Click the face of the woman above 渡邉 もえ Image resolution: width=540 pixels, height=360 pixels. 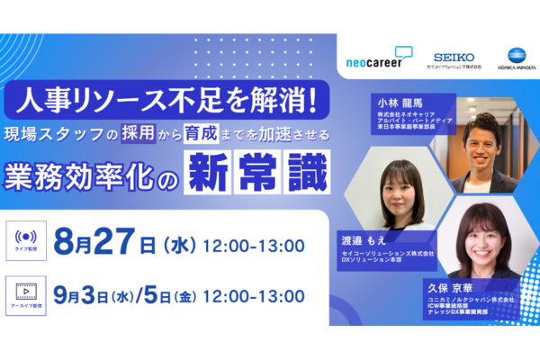pyautogui.click(x=394, y=183)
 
